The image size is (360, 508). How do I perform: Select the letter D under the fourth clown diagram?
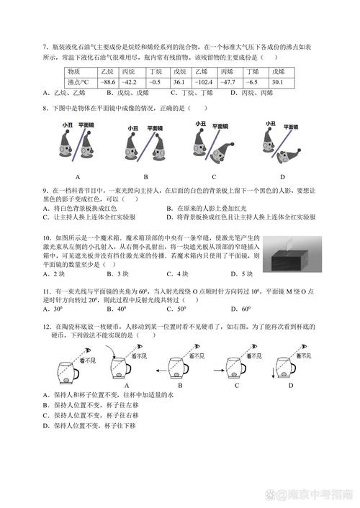tap(282, 176)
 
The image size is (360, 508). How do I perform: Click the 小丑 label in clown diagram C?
tap(199, 124)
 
